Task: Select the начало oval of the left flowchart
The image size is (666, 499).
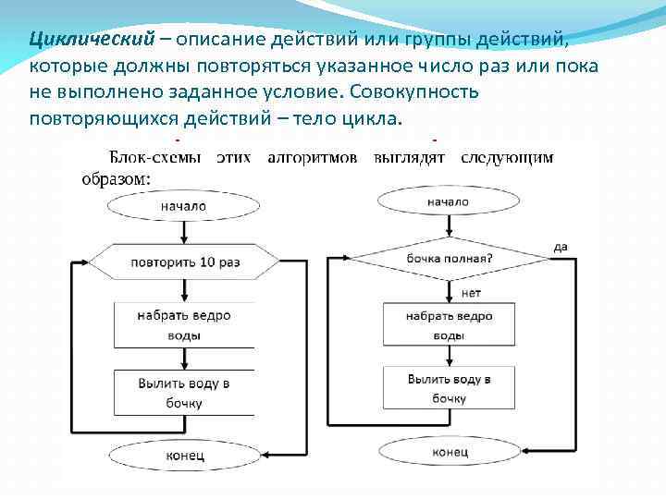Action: [183, 206]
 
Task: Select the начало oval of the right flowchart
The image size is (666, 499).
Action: [448, 201]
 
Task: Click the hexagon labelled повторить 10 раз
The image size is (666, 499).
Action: [184, 262]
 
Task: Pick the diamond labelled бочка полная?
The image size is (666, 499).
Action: [450, 258]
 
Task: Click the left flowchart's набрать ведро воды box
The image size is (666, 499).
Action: [184, 325]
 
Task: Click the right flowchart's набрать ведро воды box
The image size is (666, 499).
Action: [450, 325]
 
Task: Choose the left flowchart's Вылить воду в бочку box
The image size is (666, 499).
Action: [184, 393]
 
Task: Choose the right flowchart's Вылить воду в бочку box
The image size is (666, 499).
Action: [450, 389]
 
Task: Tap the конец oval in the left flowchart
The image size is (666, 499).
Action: [184, 456]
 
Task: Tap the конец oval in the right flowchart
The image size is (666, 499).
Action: [450, 453]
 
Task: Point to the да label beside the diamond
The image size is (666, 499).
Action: [560, 247]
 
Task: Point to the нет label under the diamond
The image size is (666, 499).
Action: [471, 293]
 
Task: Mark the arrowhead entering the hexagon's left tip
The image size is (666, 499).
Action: [92, 262]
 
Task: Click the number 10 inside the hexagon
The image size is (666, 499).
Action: [207, 262]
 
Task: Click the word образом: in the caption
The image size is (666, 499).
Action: [117, 179]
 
